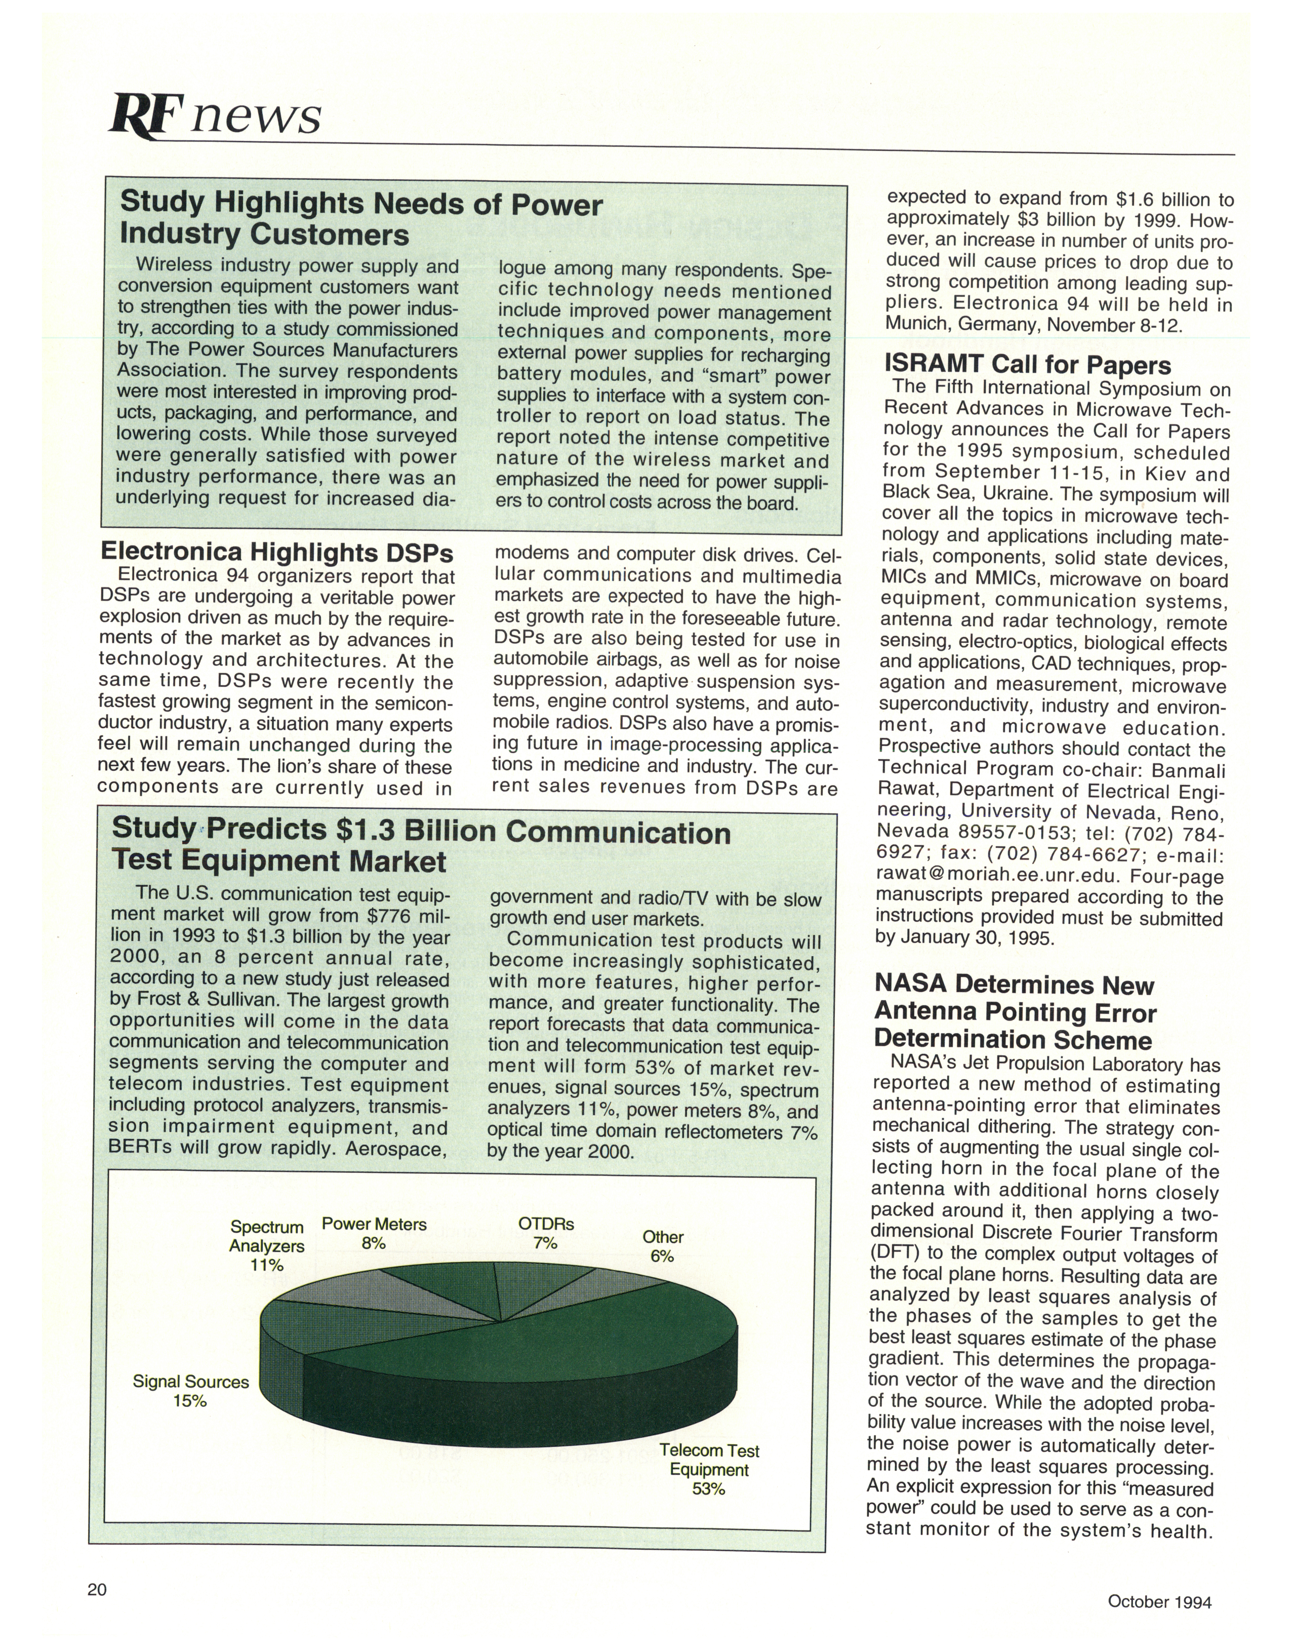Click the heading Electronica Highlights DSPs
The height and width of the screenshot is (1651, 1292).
coord(277,552)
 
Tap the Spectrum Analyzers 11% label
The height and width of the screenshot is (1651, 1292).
coord(267,1245)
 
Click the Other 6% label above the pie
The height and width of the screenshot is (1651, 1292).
coord(663,1246)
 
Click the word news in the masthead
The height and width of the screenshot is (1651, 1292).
coord(257,117)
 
